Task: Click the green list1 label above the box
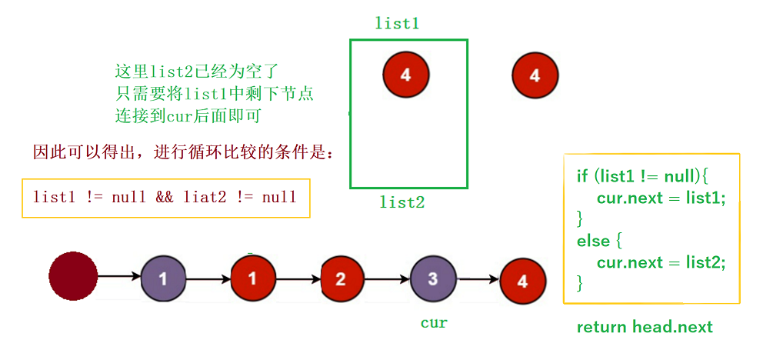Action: point(397,23)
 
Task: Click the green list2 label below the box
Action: point(401,203)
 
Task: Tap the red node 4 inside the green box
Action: point(405,75)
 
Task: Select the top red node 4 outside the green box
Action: point(535,75)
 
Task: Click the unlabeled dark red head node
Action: point(73,276)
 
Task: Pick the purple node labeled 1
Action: point(164,278)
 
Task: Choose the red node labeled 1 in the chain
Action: point(253,278)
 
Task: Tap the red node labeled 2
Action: point(342,278)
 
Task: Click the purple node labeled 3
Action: point(433,278)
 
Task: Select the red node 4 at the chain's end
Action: point(523,281)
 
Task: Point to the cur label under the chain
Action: point(434,323)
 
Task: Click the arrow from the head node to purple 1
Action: point(119,276)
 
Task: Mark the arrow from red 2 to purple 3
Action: point(388,278)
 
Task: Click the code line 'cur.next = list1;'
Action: point(661,198)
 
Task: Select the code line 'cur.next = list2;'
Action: point(661,262)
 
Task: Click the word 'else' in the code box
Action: point(592,241)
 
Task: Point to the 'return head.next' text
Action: point(645,327)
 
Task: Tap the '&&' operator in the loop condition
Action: point(165,197)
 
